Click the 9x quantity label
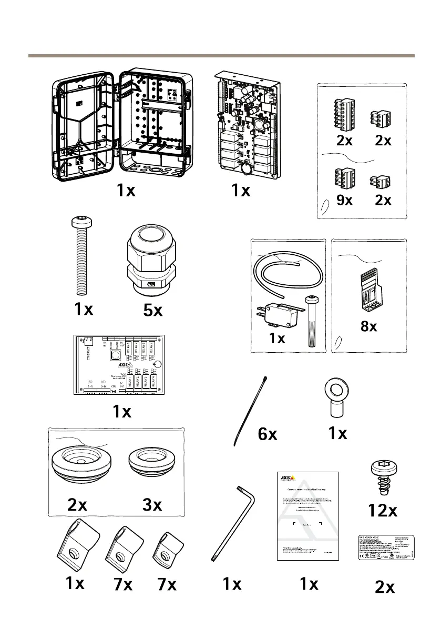coord(344,201)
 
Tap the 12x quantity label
coord(383,510)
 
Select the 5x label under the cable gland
coord(153,310)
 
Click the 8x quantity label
coord(370,326)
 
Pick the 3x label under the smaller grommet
coord(152,505)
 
